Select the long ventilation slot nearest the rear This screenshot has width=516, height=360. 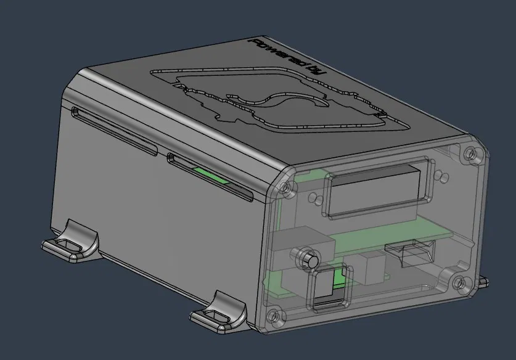(x=114, y=131)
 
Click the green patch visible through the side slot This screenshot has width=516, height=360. (x=210, y=176)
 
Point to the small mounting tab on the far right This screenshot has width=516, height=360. (x=483, y=282)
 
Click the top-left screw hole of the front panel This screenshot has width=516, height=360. (x=284, y=187)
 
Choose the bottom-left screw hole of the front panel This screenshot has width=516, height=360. (x=271, y=316)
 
